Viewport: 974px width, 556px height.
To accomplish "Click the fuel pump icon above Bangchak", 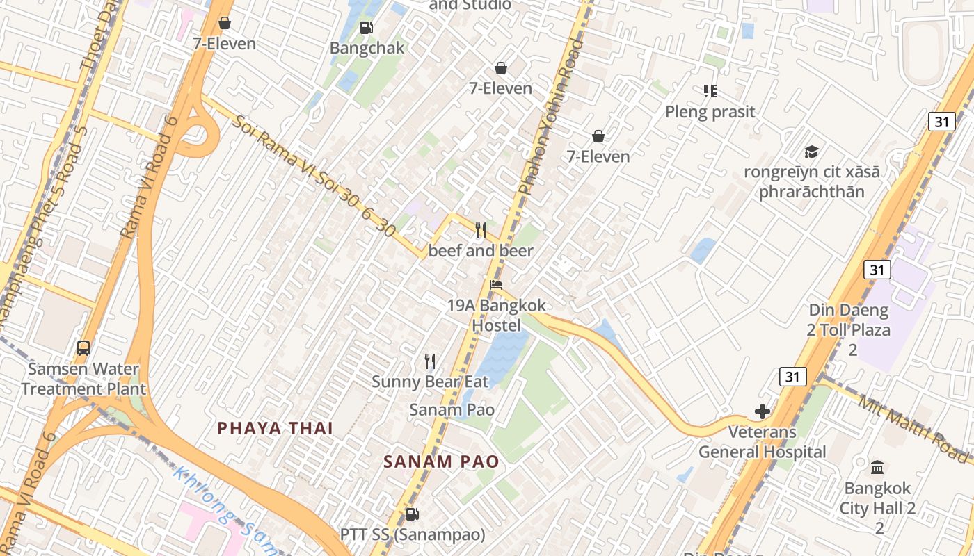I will point(366,28).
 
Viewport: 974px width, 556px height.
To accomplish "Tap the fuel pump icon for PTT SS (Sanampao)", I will point(412,514).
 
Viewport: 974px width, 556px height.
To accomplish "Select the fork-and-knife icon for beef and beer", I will point(480,230).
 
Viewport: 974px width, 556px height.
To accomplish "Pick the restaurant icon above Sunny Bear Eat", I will point(430,361).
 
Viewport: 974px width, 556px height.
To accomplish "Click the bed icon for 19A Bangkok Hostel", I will point(495,284).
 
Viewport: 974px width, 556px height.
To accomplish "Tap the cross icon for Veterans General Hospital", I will point(763,411).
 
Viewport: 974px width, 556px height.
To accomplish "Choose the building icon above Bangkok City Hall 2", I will point(877,466).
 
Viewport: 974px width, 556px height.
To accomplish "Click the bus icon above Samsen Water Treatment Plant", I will point(83,347).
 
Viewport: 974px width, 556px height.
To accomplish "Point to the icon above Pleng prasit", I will point(710,91).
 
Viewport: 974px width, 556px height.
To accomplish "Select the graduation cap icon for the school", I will point(811,152).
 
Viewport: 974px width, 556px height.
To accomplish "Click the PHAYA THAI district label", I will point(276,428).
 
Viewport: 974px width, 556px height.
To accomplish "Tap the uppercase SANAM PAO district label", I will point(441,461).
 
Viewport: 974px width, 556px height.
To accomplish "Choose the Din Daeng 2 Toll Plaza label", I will point(849,329).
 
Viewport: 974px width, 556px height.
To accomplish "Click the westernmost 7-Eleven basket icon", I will point(225,24).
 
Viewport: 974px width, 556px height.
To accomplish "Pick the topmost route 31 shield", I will point(941,122).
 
